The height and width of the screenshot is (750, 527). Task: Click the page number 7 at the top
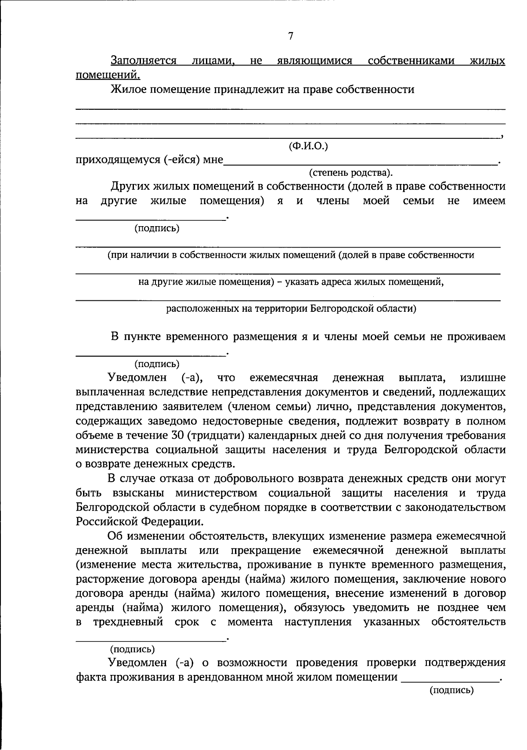point(290,36)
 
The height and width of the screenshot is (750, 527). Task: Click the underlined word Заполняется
point(144,61)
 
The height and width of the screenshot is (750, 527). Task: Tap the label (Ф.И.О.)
point(308,146)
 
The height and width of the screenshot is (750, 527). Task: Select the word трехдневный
point(128,622)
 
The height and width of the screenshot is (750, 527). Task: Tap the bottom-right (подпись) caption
point(451,690)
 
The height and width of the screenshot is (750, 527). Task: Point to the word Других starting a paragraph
point(130,186)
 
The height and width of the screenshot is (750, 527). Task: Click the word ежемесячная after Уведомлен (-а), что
point(284,378)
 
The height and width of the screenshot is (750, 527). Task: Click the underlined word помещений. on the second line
point(108,75)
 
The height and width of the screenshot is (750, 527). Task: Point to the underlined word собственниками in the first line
point(411,61)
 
